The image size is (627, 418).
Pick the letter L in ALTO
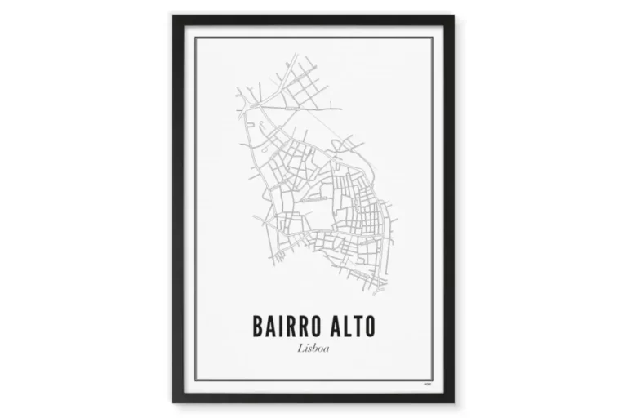(342, 328)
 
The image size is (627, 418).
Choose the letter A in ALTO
(329, 328)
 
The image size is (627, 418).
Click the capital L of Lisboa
(300, 350)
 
